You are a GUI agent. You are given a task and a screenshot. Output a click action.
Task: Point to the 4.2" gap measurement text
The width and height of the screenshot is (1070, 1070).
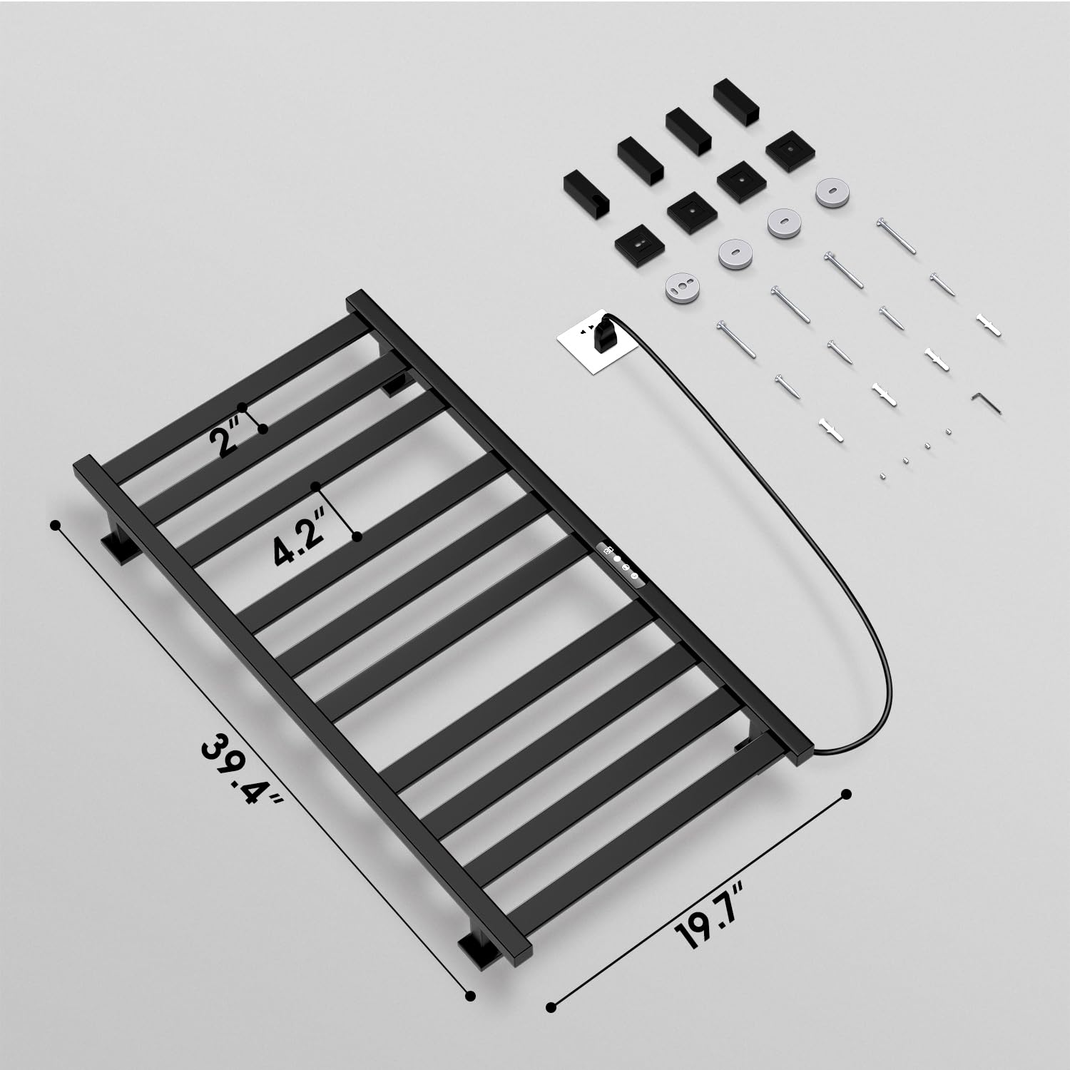coord(297,543)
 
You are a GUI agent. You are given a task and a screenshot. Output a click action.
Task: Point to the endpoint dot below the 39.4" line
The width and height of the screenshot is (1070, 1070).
coord(469,996)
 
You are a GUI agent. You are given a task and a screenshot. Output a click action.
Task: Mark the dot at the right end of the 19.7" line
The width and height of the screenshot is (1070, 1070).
coord(847,794)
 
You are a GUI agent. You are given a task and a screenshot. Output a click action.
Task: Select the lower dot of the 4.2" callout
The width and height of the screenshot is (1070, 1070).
coord(357,536)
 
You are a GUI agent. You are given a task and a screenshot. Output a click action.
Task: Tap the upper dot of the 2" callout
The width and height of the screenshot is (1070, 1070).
coord(243,407)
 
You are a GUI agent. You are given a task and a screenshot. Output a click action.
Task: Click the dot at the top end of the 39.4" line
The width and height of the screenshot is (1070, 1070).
coord(55,524)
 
